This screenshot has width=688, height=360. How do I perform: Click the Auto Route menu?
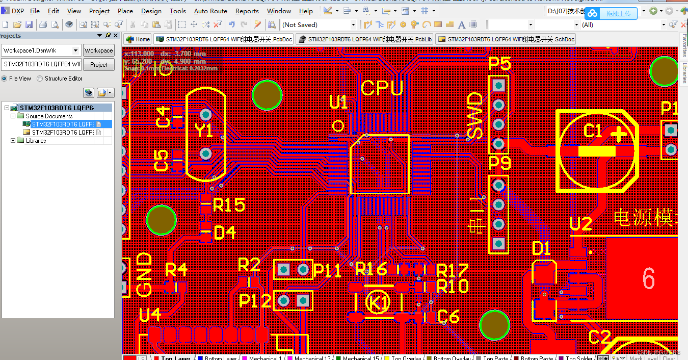(210, 11)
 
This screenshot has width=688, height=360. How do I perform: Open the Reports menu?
(247, 11)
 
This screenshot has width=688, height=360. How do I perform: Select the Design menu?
(151, 11)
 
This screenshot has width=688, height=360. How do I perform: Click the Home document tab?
(138, 39)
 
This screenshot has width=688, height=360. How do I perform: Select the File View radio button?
(5, 79)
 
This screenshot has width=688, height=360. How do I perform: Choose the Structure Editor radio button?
(40, 79)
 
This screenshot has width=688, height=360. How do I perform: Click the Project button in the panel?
(99, 64)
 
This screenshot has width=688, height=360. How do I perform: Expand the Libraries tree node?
(13, 141)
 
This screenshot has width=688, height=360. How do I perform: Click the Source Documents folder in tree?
(49, 116)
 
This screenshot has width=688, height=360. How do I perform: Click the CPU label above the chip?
(382, 88)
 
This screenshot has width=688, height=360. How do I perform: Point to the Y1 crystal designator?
(204, 131)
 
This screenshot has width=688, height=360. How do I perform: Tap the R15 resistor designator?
(229, 205)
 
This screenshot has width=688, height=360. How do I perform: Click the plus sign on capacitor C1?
(619, 134)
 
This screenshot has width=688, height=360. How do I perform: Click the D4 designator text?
(225, 233)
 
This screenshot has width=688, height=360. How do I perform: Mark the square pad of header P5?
(498, 85)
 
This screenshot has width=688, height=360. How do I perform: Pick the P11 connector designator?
(327, 270)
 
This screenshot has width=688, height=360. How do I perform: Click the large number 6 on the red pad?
(648, 279)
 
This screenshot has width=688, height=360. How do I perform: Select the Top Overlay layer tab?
(405, 358)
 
